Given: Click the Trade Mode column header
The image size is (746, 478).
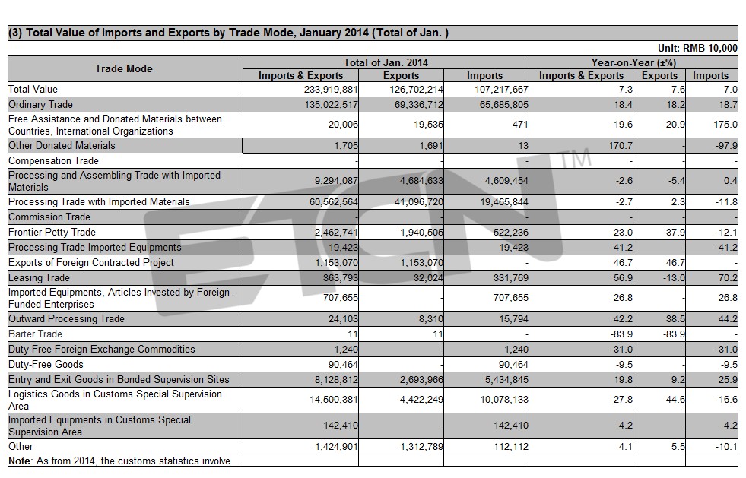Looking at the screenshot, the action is point(124,68).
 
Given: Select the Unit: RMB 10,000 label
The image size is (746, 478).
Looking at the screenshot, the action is point(697,48).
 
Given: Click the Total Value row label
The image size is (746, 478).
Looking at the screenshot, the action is point(33,90).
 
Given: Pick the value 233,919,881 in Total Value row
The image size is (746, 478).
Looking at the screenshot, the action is point(331,90).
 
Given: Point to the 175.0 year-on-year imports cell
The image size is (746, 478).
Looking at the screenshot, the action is point(725,125).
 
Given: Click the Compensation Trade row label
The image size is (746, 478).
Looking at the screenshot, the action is point(53,161).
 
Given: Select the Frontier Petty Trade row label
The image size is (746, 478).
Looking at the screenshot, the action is point(52,232).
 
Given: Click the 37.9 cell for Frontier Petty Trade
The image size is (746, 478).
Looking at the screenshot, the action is point(675,232).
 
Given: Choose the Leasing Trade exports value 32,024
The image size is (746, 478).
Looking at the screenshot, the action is point(428,278).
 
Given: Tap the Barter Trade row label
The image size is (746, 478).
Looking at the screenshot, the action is point(35,334).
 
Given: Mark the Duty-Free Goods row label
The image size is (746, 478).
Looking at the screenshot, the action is point(46,364).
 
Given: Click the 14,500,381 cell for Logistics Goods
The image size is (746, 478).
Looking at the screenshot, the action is point(334,400).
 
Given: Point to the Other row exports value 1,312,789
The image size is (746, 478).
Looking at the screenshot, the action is point(421,447).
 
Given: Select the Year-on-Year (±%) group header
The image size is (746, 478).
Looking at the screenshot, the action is point(633,63).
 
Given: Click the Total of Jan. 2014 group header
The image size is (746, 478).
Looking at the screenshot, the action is point(386,63).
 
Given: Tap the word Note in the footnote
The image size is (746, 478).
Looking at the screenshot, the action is point(20,461).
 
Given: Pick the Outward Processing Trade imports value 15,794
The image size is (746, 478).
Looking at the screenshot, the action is point(513,318).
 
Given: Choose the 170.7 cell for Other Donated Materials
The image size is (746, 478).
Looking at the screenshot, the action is point(621,146).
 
